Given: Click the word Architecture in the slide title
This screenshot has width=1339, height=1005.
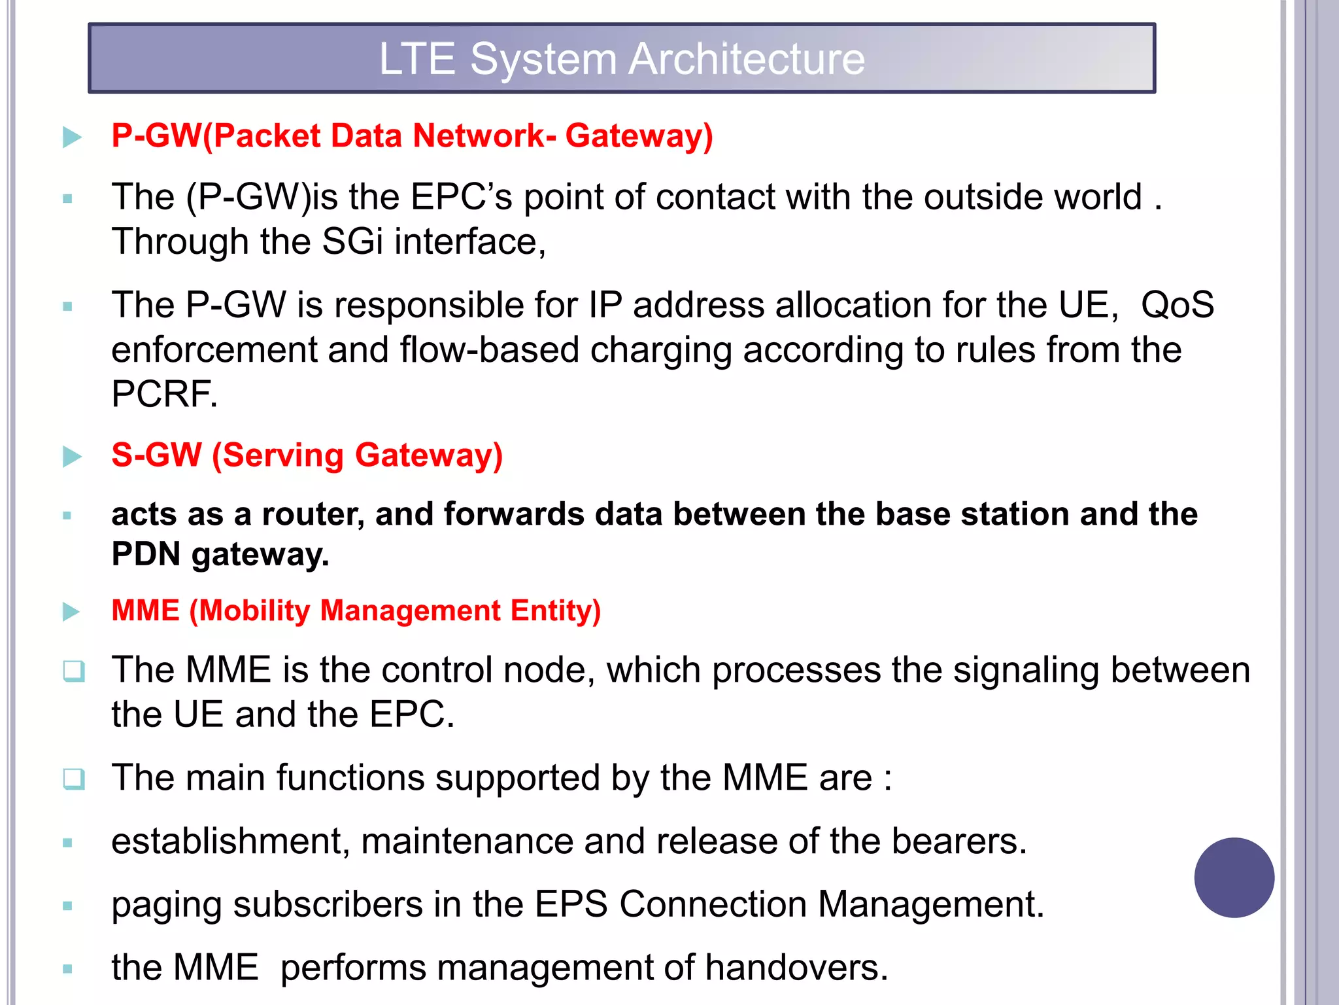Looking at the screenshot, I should coord(747,59).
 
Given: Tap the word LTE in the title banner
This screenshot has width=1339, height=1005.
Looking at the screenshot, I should coord(416,59).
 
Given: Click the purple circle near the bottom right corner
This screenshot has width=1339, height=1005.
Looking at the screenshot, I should coord(1234,877).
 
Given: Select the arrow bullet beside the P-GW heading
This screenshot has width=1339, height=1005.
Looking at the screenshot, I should coord(72,137).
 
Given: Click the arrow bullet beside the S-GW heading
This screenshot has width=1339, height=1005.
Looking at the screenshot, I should coord(72,457).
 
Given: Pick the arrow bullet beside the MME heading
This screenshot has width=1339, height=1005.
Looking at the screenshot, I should coord(71,612).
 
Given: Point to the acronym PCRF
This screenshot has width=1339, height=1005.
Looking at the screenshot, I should coord(163,394).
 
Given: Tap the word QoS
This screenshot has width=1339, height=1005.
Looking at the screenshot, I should coord(1177,305).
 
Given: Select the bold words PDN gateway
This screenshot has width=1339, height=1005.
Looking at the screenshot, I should coord(220,555).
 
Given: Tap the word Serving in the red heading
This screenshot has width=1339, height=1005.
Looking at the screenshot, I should coord(283,455).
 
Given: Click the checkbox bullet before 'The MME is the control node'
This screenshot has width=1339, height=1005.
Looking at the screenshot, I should coord(74,671).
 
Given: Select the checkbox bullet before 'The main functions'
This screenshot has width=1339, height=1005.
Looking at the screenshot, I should coord(74,779).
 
